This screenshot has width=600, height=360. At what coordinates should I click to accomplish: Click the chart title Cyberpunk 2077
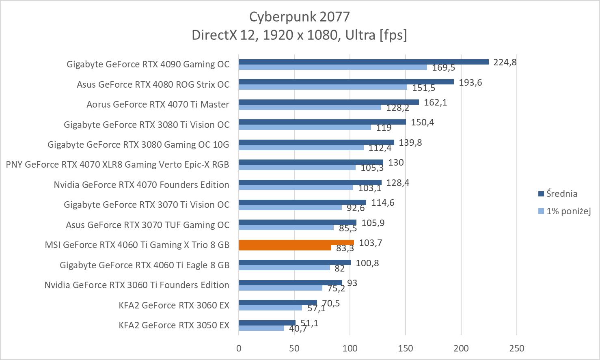pos(299,17)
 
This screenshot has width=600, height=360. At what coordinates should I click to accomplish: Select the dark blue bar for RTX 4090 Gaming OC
pos(363,62)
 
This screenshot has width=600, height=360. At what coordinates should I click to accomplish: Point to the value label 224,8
pos(505,62)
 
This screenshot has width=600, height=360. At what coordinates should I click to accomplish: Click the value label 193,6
pos(470,82)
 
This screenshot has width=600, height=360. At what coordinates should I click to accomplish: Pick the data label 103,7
pos(370,243)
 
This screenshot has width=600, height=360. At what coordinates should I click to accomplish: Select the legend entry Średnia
pos(561,194)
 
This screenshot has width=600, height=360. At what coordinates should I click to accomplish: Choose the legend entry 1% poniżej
pos(568,211)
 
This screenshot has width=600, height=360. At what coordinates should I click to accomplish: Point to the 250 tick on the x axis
pos(516,348)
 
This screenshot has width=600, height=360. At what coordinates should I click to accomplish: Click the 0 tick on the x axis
pos(239,348)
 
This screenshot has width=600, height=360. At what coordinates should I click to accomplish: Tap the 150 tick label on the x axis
pos(406,348)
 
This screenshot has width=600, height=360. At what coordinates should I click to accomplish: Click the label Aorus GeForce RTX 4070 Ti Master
pos(158,104)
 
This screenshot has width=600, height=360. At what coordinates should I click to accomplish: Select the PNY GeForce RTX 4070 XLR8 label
pos(117,164)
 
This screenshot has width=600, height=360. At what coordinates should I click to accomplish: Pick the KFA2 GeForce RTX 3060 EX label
pos(174,305)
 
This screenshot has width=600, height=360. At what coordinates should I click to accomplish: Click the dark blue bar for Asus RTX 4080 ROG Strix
pos(346,82)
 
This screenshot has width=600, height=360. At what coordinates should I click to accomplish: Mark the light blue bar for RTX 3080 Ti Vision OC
pos(304,127)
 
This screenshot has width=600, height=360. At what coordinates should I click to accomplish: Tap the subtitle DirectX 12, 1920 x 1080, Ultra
pos(299,35)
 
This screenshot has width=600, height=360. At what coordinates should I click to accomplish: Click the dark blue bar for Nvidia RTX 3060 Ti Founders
pos(290,282)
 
